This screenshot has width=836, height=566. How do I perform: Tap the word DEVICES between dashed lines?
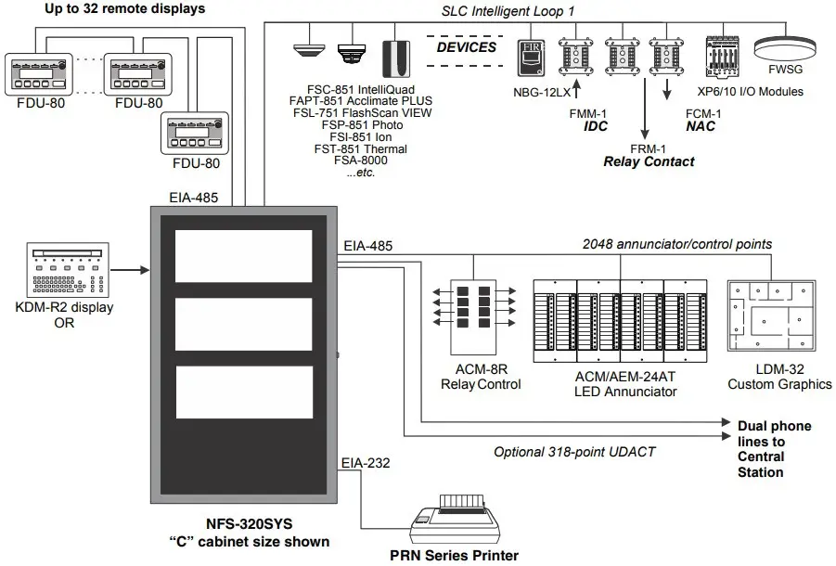tap(467, 46)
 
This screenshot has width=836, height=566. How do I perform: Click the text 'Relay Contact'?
tap(649, 161)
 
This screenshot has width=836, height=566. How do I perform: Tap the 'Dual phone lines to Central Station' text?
tap(773, 449)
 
